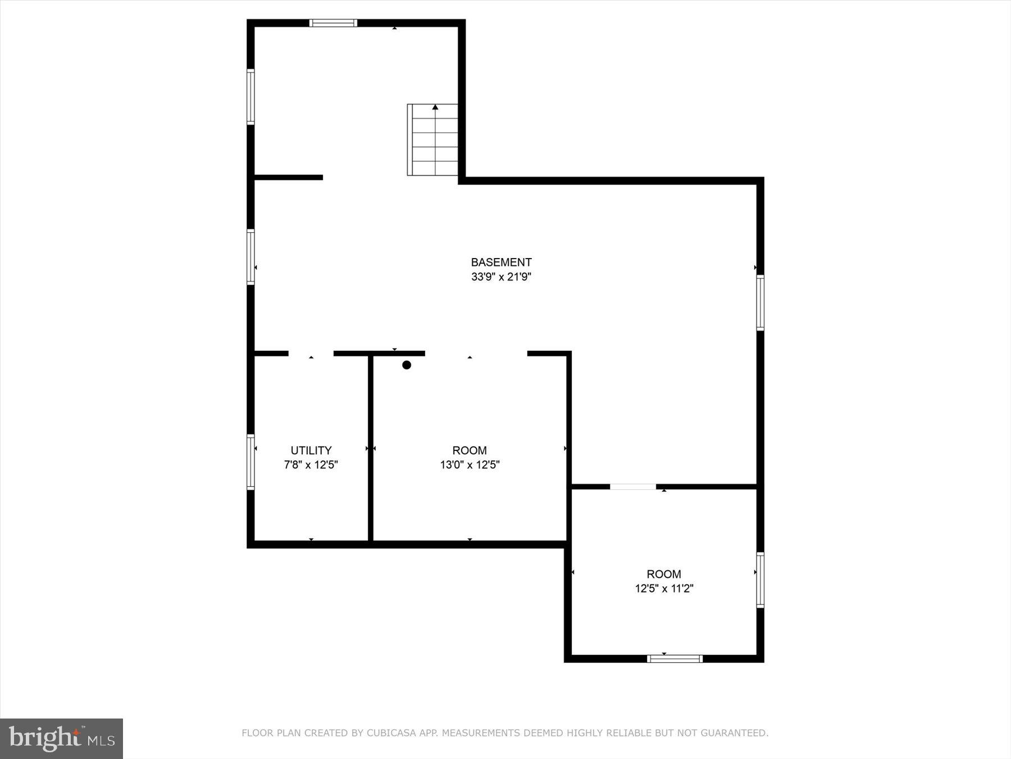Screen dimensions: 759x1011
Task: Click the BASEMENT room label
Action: (501, 262)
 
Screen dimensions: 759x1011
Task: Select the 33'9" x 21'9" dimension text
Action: (501, 277)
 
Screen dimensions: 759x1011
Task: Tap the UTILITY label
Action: (311, 450)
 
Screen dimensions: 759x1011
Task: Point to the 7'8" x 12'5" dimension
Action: (311, 465)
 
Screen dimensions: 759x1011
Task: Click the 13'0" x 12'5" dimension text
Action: (470, 465)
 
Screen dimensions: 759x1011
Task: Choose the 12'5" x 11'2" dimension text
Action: (664, 589)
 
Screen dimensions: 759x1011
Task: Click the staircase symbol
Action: (432, 141)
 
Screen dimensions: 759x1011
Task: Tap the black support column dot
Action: (407, 365)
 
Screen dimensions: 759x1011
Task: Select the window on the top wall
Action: (333, 23)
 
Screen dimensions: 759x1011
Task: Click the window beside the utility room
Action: (251, 461)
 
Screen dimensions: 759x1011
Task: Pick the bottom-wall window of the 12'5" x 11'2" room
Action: (675, 658)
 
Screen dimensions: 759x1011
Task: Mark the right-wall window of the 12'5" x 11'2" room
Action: (760, 580)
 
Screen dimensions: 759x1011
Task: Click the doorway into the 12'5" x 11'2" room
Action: (632, 486)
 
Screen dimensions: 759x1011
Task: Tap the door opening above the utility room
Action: (311, 354)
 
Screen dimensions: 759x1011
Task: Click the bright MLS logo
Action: (61, 738)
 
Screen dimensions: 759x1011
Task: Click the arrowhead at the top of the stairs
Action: (435, 107)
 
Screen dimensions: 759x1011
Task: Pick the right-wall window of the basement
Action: (760, 302)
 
